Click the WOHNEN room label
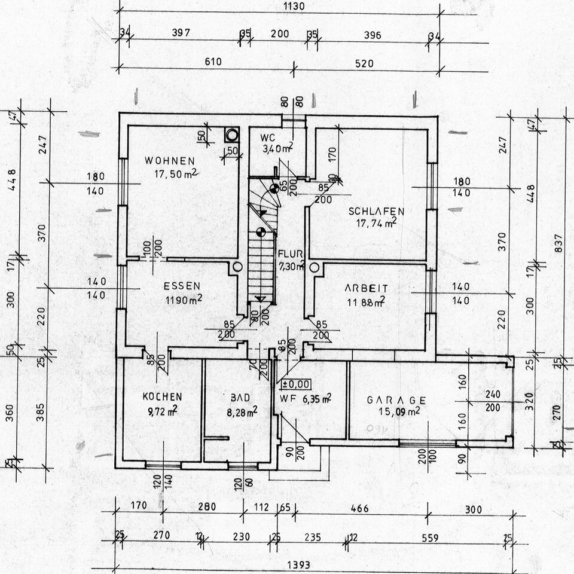coord(169,161)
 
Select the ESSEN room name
coord(182,286)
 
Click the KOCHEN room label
coord(162,396)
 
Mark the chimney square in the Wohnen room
coord(231,134)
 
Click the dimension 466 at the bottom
coord(359,509)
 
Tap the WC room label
coord(267,138)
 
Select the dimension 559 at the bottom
coord(429,538)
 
